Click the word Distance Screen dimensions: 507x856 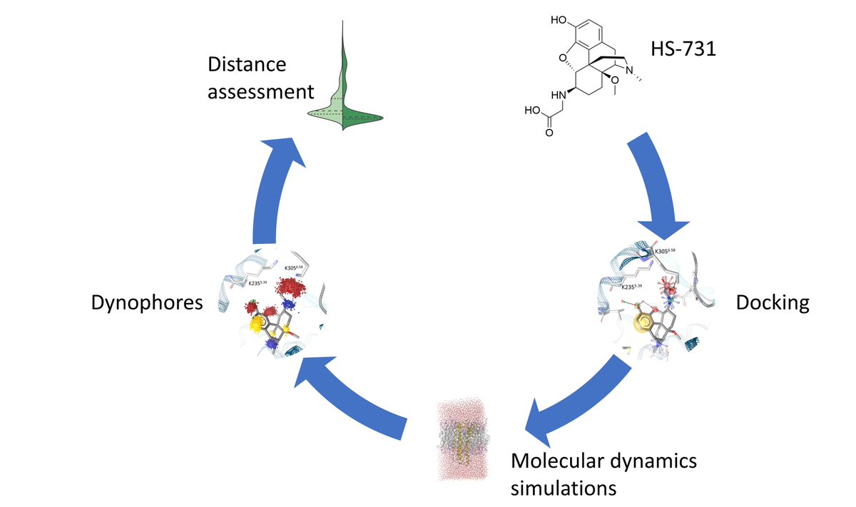246,65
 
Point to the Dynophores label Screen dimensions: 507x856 148,303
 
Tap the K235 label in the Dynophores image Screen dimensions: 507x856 259,283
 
